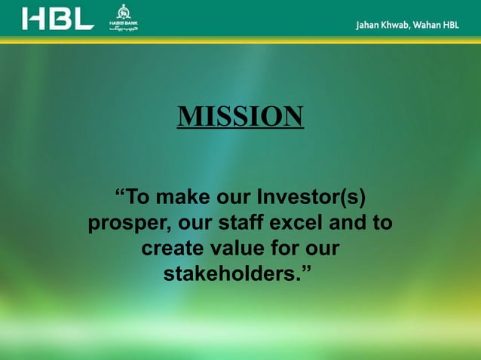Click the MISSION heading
pyautogui.click(x=240, y=117)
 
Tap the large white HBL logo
pyautogui.click(x=58, y=18)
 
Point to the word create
pyautogui.click(x=173, y=249)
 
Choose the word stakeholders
pyautogui.click(x=234, y=273)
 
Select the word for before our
pyautogui.click(x=290, y=249)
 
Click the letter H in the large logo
pyautogui.click(x=33, y=18)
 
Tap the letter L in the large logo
pyautogui.click(x=84, y=18)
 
